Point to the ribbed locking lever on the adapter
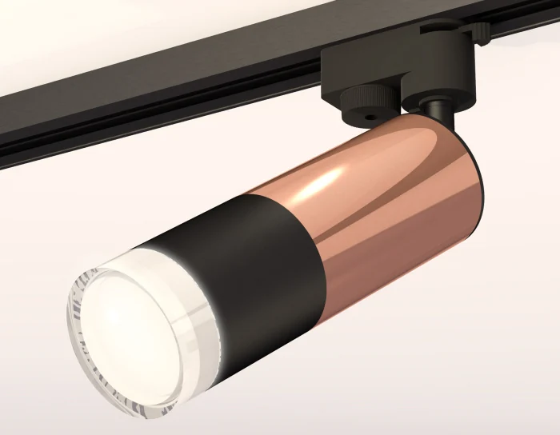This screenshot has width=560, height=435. pos(477,30)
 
